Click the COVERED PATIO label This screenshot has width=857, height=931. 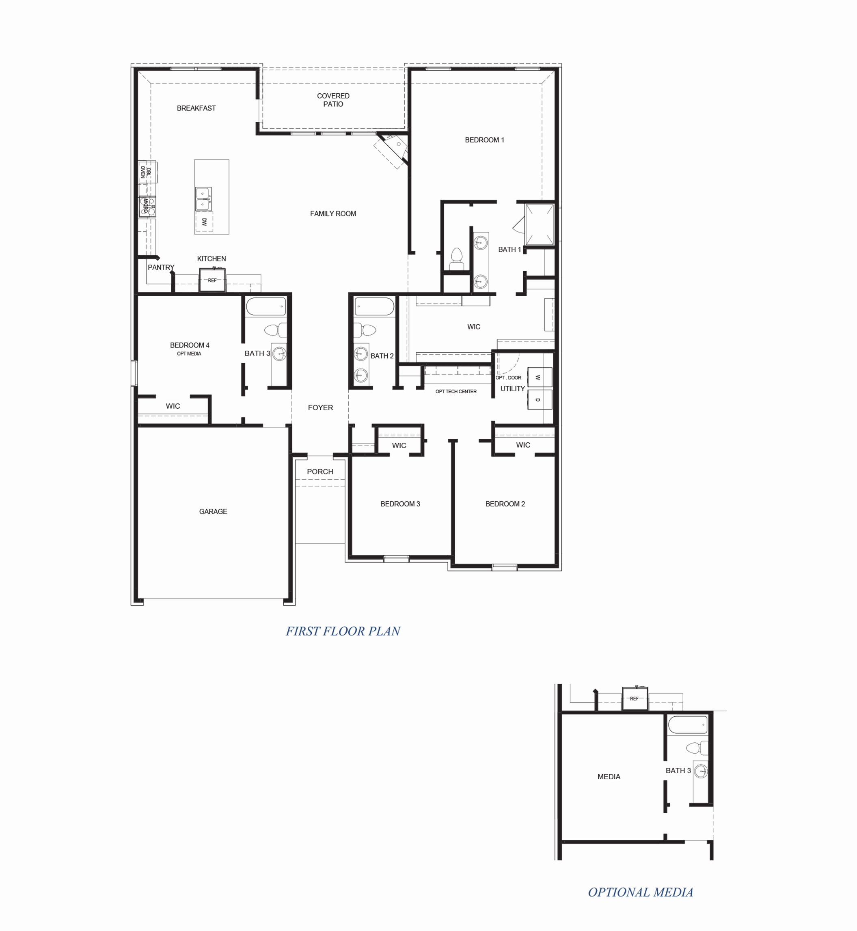pos(333,100)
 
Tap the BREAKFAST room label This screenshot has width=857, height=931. pos(196,108)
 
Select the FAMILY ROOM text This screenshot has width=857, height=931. pos(333,214)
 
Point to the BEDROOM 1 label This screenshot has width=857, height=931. pos(484,140)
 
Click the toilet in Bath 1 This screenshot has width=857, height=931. pos(457,259)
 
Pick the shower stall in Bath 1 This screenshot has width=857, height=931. pos(540,224)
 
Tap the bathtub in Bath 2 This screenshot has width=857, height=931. pos(374,306)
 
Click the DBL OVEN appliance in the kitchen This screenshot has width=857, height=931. pos(147,172)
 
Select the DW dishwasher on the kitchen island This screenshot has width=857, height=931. pos(204,222)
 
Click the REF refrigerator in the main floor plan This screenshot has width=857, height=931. pos(212,280)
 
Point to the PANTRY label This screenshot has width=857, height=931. pos(161,267)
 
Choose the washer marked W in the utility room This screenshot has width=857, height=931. pos(540,377)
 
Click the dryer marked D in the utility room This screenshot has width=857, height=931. pos(540,400)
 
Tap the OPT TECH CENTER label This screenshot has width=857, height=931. pos(456,391)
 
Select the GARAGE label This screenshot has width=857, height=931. pos(213,511)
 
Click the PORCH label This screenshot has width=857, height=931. pos(320,472)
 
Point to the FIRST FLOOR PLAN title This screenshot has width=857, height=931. pos(343,631)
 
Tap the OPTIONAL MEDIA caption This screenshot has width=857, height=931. pos(641,892)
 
